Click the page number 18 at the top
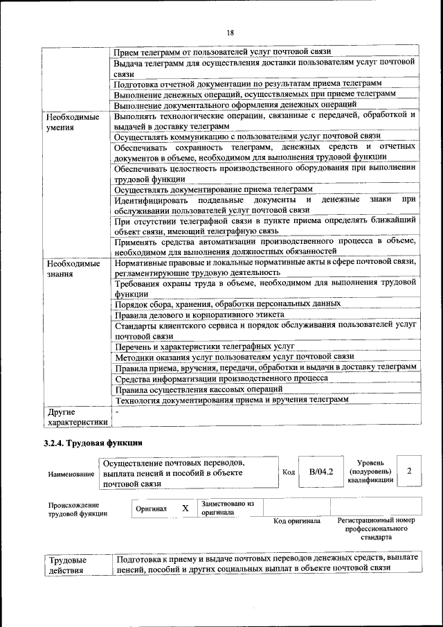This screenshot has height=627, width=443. coord(230,32)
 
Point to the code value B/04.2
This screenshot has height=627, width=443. coord(321,472)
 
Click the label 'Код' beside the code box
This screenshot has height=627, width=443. coord(289,472)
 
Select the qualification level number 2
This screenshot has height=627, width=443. coord(410,471)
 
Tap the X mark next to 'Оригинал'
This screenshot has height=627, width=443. coord(185,508)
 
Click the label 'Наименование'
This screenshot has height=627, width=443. coord(71,474)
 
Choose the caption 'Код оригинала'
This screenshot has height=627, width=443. coord(296,521)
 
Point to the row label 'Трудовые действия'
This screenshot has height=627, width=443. coord(67,564)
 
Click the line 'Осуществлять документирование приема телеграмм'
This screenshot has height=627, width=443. coord(213,189)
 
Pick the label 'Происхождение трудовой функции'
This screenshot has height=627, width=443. coord(74,509)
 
